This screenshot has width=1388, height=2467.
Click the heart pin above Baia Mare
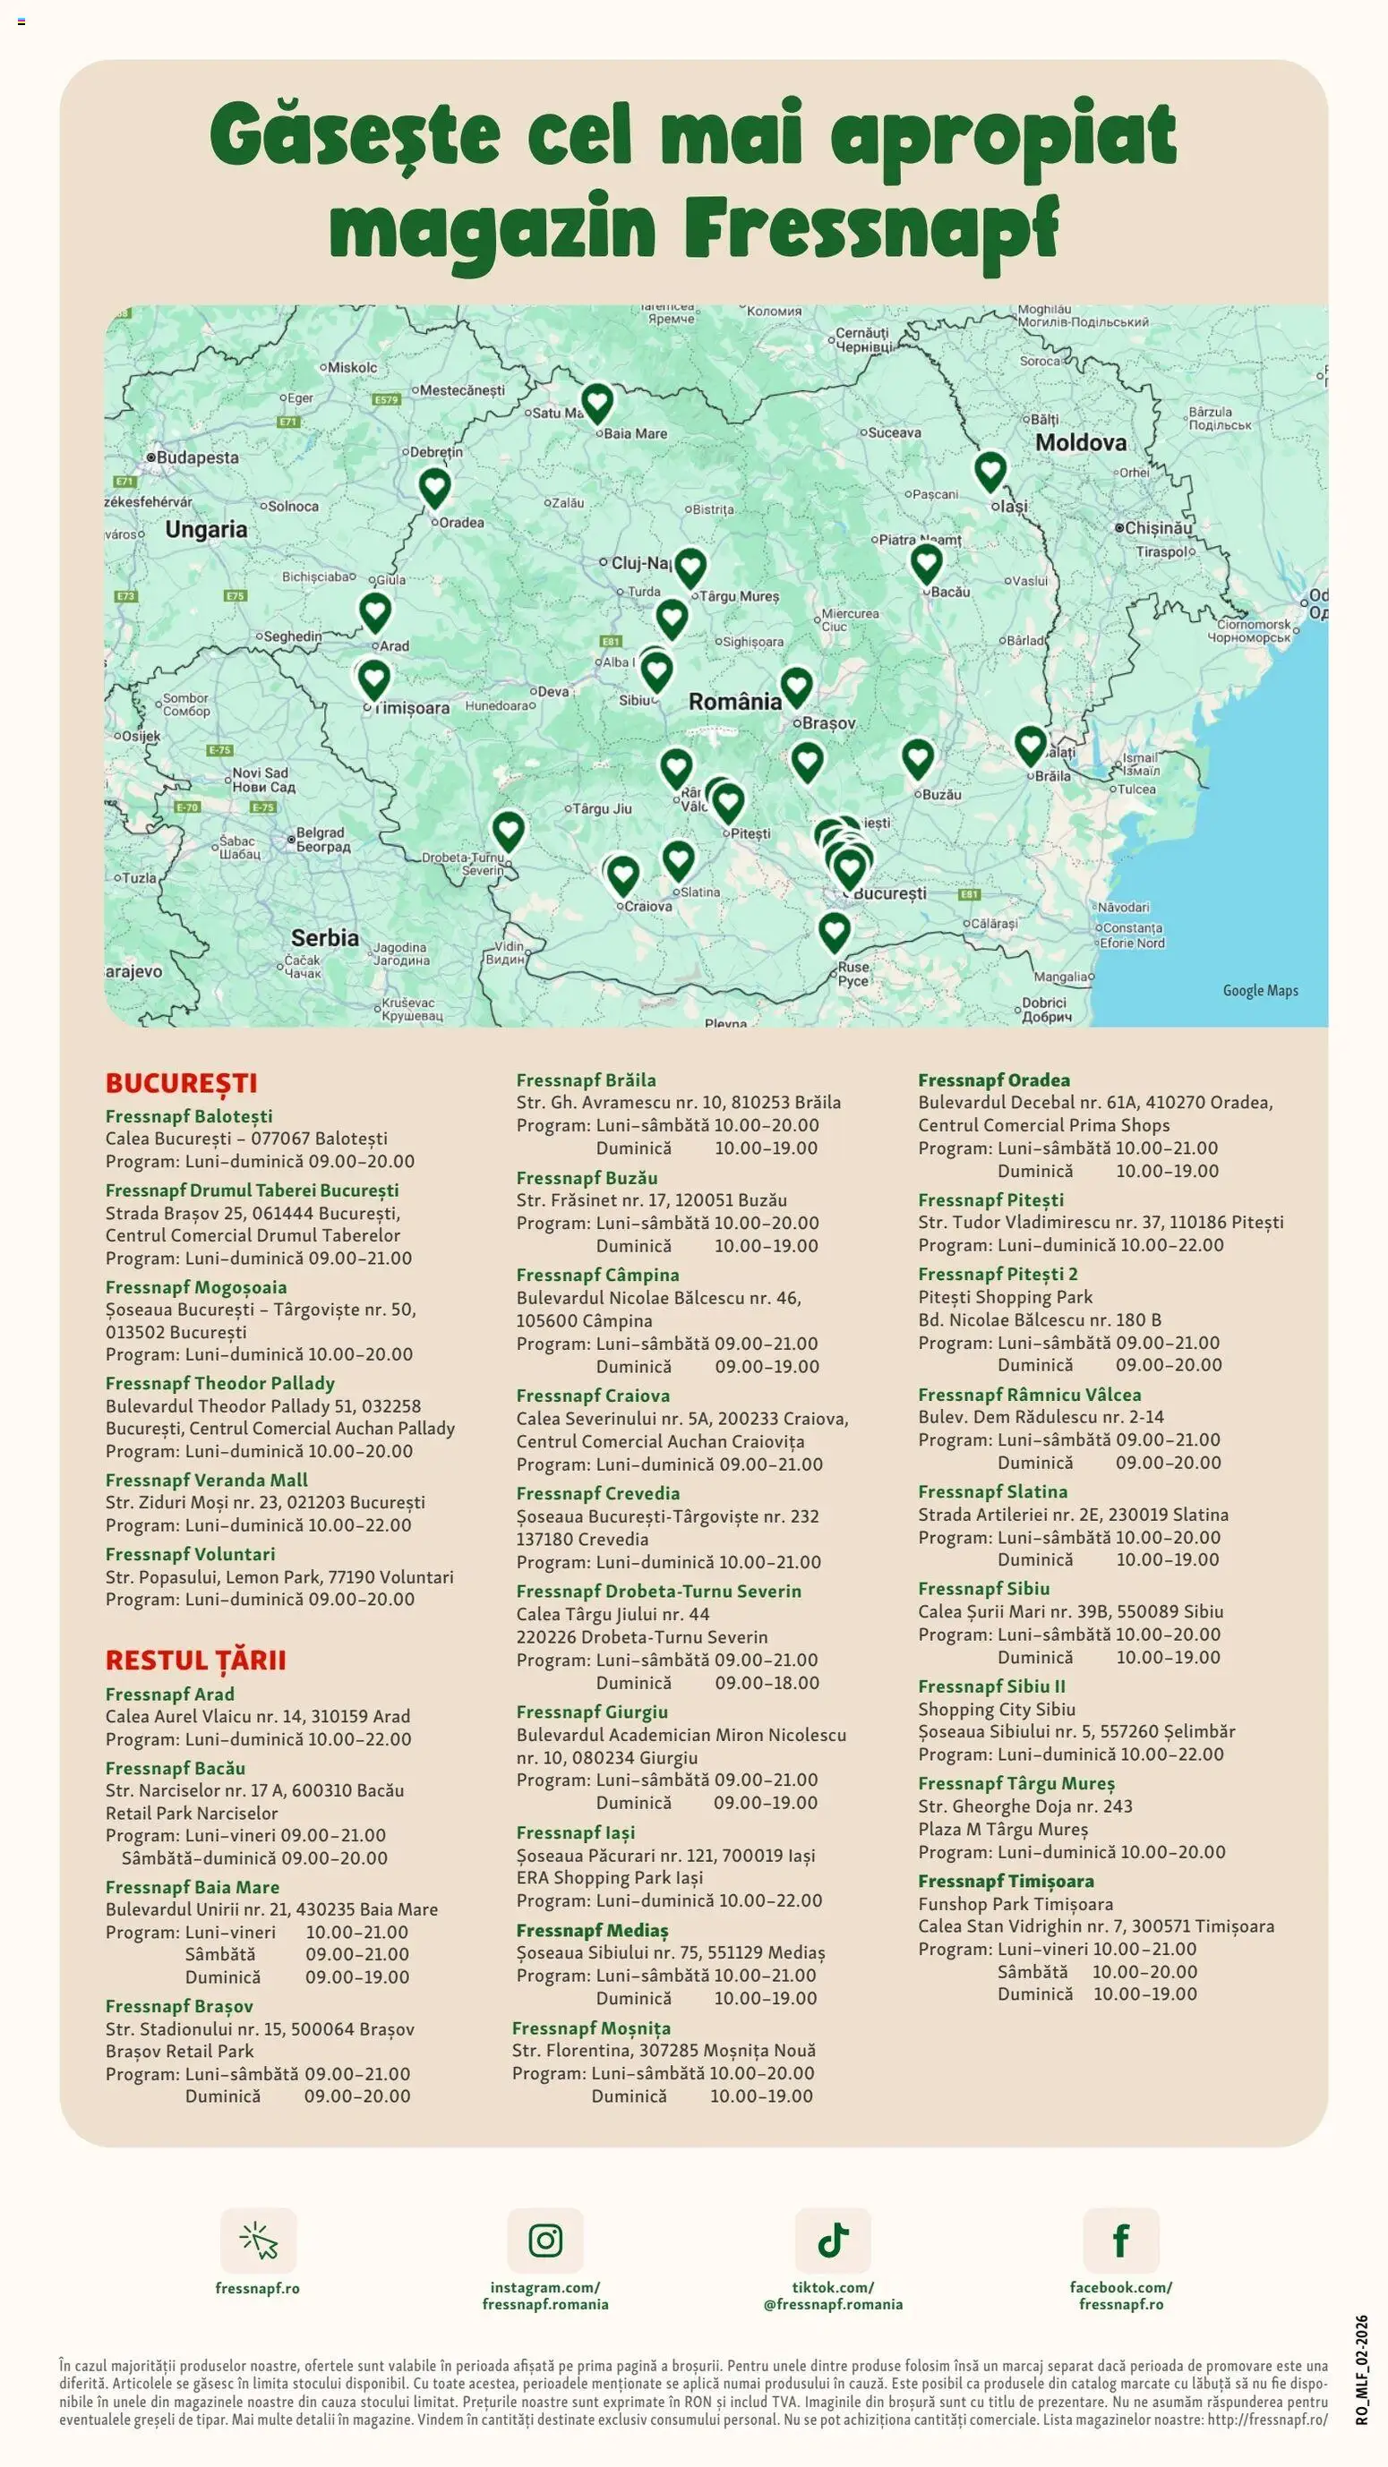[596, 402]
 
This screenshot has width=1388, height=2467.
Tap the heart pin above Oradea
[435, 486]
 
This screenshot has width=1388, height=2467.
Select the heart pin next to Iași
[990, 470]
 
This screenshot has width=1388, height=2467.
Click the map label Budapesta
[196, 457]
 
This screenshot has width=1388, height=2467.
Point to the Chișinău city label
[1158, 528]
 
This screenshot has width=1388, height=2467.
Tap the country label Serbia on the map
[325, 937]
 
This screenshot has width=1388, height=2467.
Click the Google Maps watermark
[1260, 990]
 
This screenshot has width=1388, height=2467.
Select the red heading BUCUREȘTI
[181, 1083]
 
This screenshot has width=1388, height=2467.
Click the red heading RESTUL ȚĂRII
[195, 1660]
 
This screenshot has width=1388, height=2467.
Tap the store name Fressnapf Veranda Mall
[206, 1480]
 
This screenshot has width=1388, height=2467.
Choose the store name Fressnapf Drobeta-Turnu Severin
[658, 1591]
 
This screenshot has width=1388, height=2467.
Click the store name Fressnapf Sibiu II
[990, 1686]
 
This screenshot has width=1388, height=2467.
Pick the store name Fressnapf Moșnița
[590, 2027]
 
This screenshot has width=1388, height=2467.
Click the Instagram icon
[545, 2240]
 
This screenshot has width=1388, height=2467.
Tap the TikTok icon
[833, 2240]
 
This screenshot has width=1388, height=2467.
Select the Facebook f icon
[1121, 2240]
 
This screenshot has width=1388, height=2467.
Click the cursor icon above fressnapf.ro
[258, 2240]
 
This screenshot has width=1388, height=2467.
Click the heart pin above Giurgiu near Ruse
[834, 929]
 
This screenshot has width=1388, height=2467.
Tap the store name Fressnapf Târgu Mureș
[1015, 1783]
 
